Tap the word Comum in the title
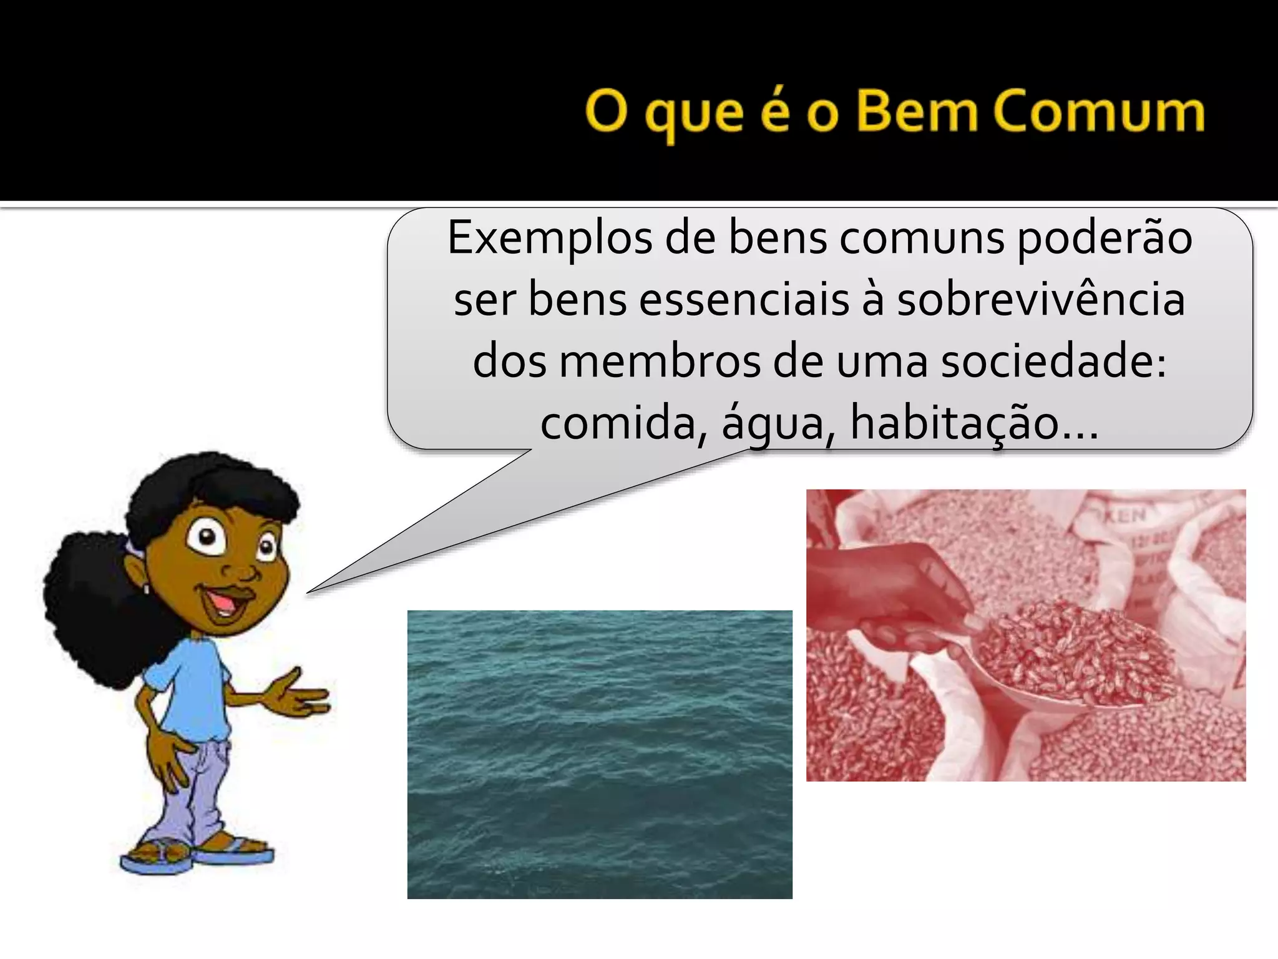(x=1098, y=112)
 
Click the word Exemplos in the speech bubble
(x=549, y=240)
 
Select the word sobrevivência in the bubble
(x=1041, y=300)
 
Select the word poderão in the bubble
(x=1105, y=240)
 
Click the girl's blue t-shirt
(x=187, y=693)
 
